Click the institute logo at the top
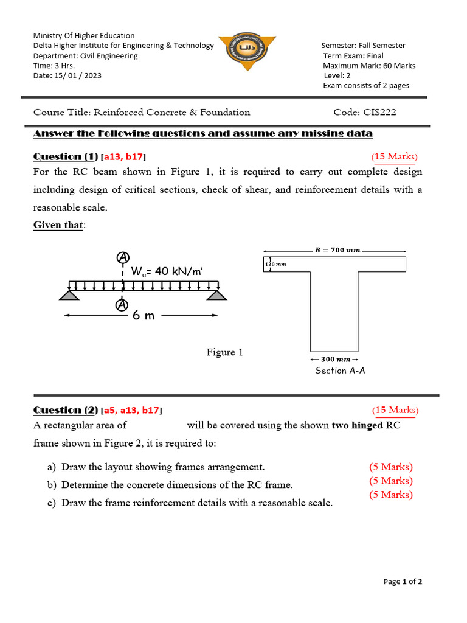pos(247,51)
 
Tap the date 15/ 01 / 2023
pos(67,76)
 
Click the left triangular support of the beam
pos(69,294)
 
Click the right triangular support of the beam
pos(216,294)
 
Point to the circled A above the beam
pos(122,257)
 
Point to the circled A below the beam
pos(122,304)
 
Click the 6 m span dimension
pos(143,316)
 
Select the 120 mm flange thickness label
pos(275,264)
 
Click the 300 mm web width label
pos(335,360)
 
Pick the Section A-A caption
pos(340,370)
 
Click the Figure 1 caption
pos(224,352)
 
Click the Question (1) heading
pos(66,156)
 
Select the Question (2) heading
pos(66,410)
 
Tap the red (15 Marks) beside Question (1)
pos(394,156)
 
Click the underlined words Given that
pos(58,225)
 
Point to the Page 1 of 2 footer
pos(403,582)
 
